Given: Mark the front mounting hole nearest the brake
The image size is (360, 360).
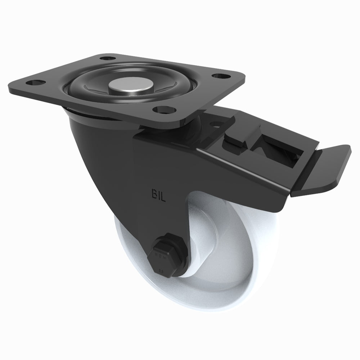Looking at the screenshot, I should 161,109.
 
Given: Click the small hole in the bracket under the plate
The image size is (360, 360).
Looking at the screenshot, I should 216,125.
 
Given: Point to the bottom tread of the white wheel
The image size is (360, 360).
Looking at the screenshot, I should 202,306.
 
